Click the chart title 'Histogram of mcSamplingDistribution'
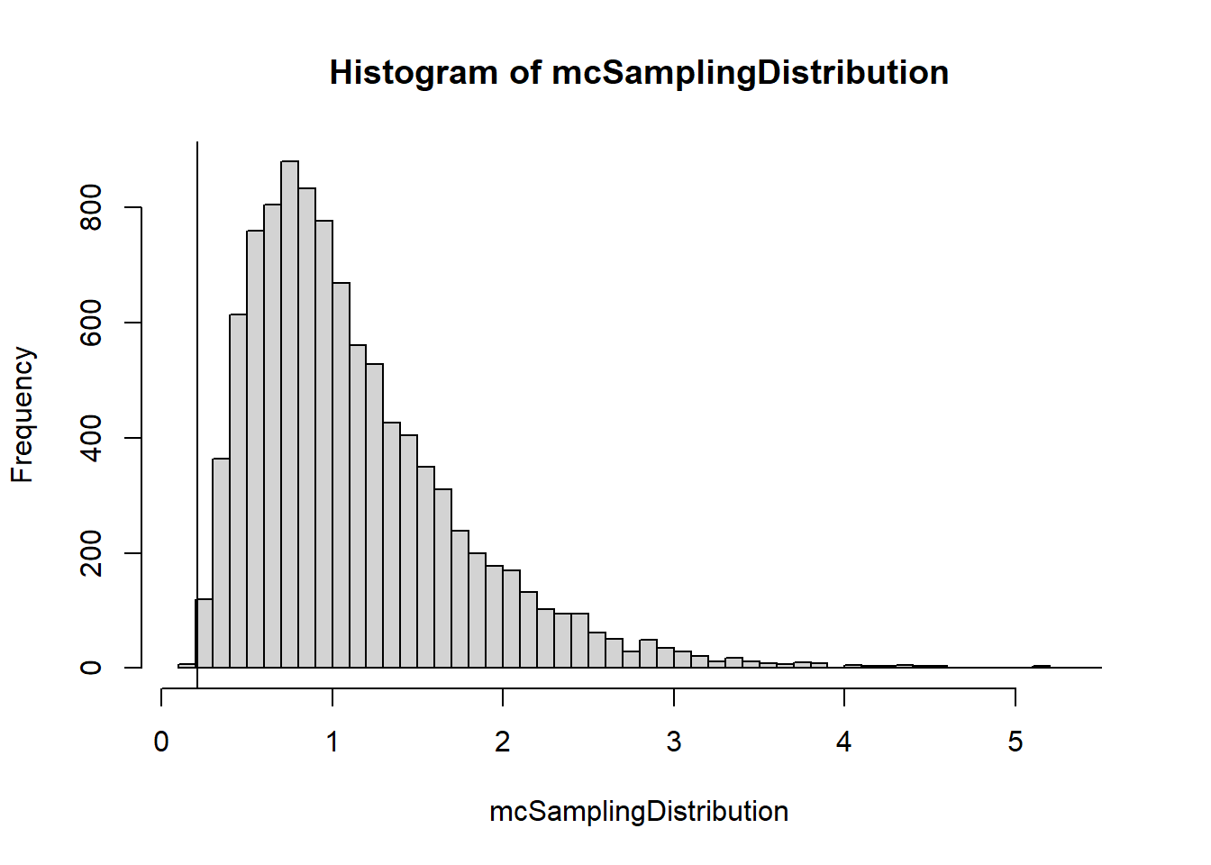639,73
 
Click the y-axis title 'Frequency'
23,414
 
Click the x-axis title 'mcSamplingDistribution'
639,812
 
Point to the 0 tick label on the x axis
161,742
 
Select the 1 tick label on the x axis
332,742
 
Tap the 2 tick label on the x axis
503,742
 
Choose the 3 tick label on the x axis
674,742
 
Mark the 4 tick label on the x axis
844,742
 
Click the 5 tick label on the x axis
1015,742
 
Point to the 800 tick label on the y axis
91,207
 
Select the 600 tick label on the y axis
91,323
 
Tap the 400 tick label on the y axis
91,438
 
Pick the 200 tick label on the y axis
91,552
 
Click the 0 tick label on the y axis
91,668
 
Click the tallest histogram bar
289,414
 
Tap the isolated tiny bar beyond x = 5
1041,667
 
